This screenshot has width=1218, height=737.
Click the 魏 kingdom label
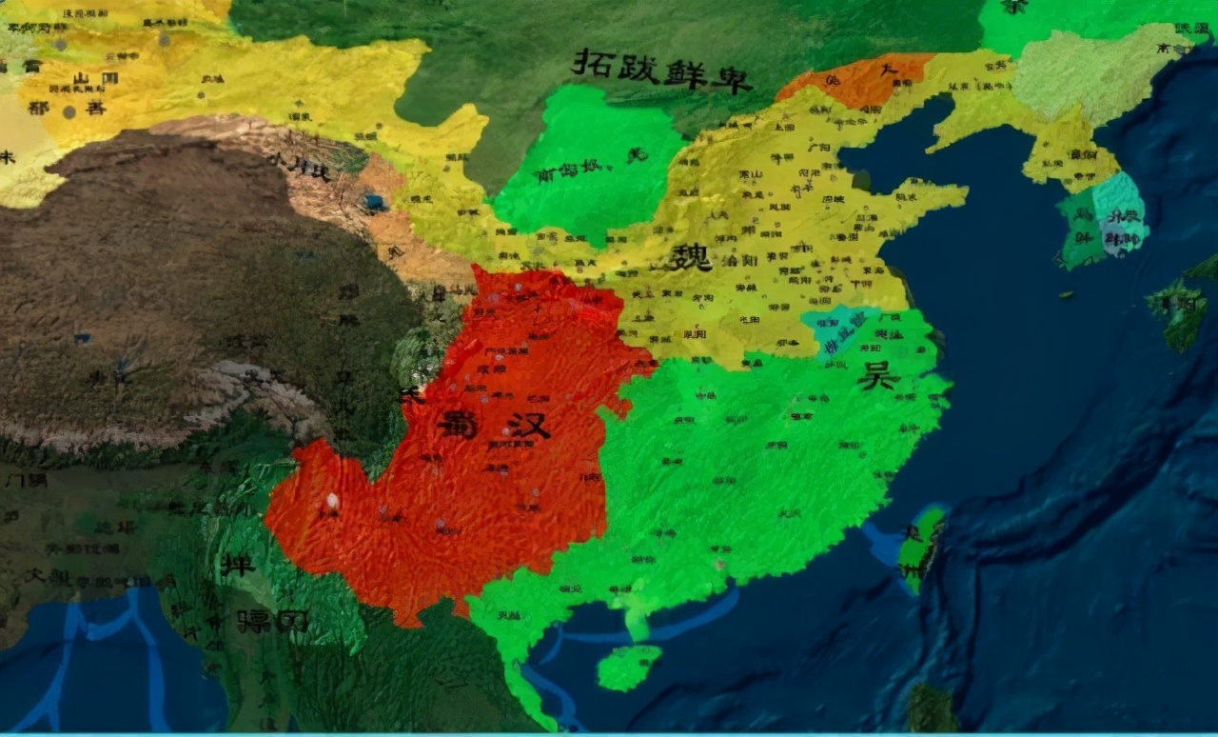690,257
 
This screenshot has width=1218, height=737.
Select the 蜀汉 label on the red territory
495,424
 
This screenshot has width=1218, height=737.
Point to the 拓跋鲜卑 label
661,69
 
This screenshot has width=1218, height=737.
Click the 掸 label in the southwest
237,564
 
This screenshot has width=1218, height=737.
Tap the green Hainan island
629,667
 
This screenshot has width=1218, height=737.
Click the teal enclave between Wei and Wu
838,329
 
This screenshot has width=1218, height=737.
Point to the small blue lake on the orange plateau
375,203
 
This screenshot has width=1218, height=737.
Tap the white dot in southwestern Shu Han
332,501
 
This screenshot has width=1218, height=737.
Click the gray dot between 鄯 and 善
69,111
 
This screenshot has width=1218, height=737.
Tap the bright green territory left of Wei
585,167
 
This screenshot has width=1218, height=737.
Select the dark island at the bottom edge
929,709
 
